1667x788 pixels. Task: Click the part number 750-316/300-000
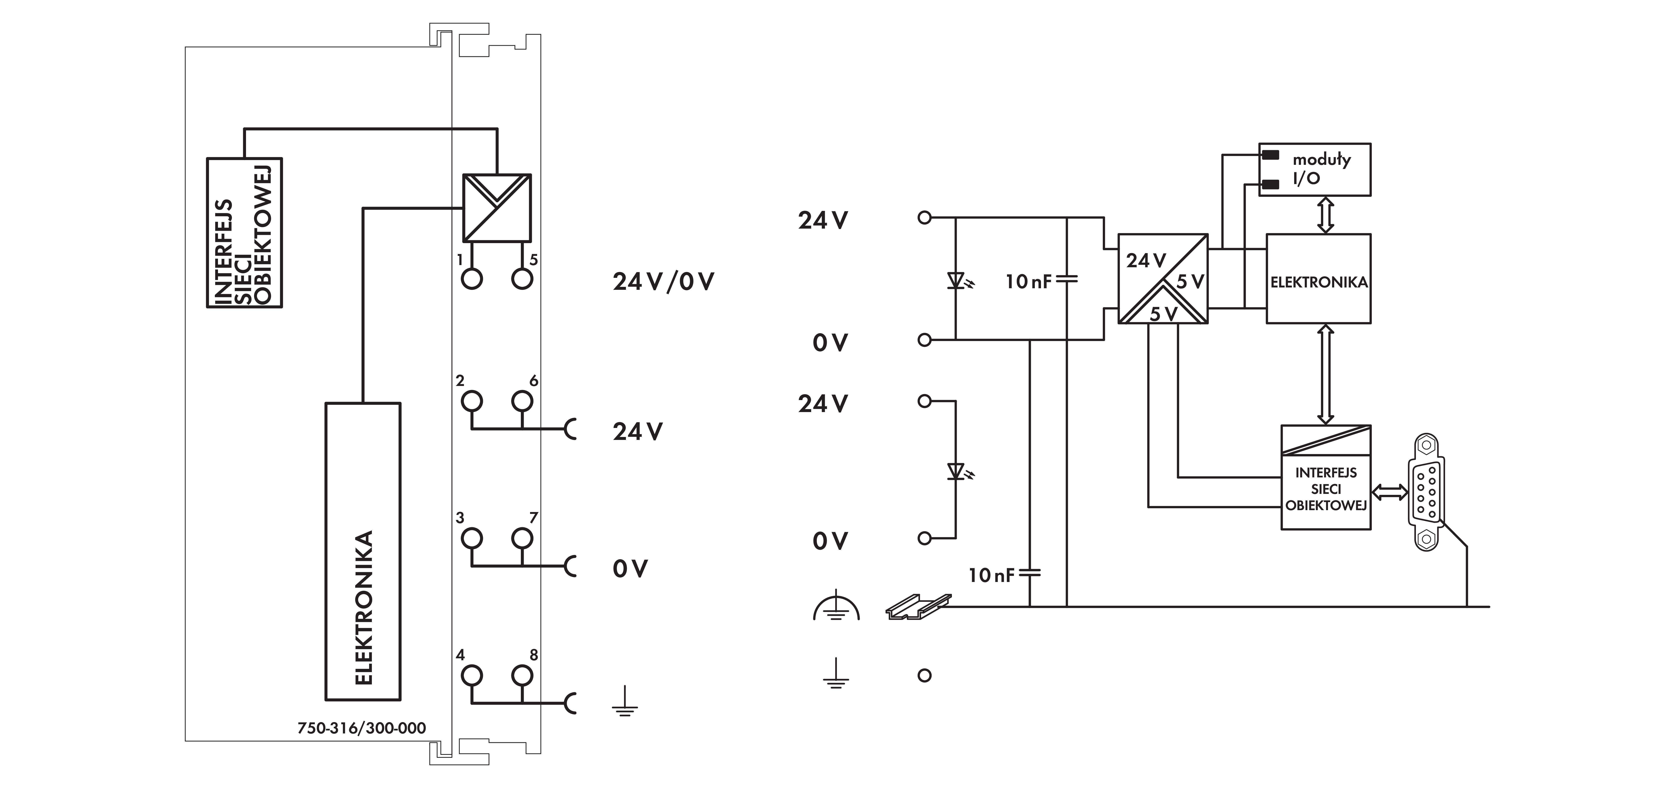362,728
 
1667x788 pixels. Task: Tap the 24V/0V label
663,282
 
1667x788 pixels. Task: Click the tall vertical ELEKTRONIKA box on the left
362,551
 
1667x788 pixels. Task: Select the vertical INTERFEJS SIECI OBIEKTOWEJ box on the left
244,233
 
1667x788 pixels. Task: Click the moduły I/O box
1314,170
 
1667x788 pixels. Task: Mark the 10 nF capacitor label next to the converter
1028,282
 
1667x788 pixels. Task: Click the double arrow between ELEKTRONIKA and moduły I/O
1325,215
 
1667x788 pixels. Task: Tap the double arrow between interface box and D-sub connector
1390,493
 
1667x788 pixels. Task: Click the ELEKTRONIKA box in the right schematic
1318,279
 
